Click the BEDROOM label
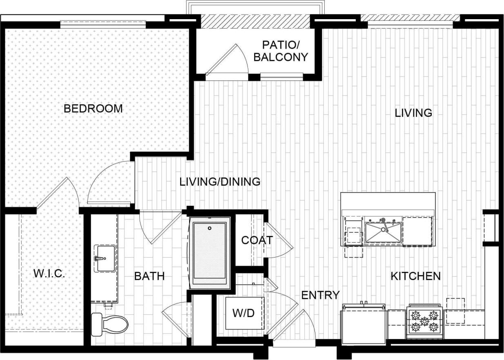point(93,109)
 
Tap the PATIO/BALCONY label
point(280,51)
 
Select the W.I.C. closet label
point(49,273)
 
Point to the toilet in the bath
point(109,324)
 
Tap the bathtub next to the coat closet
point(210,253)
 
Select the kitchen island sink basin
point(383,231)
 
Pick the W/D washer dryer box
point(244,313)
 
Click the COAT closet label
point(256,240)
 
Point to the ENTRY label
point(320,295)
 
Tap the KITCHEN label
point(415,276)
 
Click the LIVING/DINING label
point(220,182)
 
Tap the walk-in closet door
point(55,192)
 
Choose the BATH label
point(149,276)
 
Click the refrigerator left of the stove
point(364,324)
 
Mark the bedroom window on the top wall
point(103,24)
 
